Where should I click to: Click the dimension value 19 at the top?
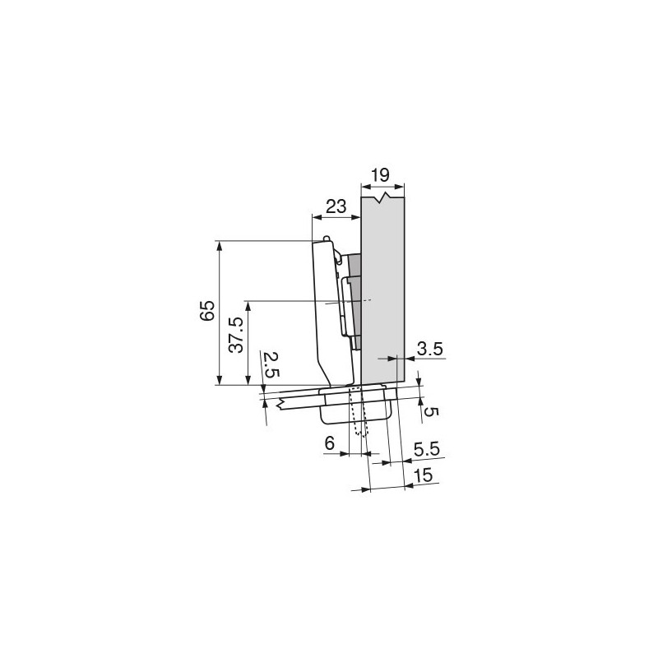(x=380, y=175)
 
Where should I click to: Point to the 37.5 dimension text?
(x=236, y=333)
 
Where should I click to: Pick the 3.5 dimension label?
(x=430, y=349)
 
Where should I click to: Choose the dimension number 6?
(x=329, y=443)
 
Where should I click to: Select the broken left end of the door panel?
(x=282, y=405)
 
